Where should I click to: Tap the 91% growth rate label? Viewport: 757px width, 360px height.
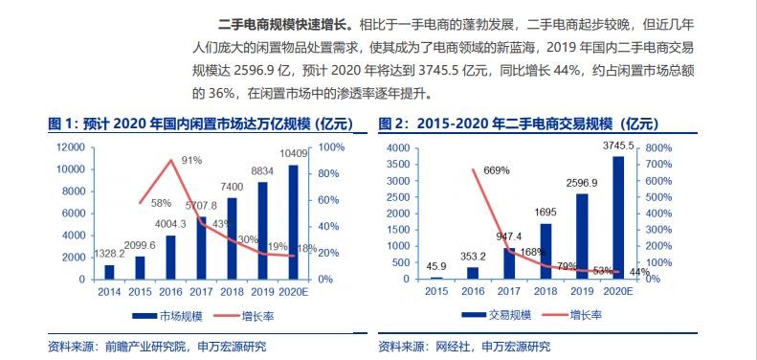(x=190, y=161)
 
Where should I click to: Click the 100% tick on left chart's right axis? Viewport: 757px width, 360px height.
(x=331, y=146)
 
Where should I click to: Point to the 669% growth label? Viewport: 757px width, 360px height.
(x=496, y=170)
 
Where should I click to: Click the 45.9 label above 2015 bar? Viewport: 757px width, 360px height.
(x=435, y=265)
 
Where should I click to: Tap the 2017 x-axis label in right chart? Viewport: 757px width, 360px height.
(x=508, y=291)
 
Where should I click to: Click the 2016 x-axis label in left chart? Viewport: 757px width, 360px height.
(x=169, y=291)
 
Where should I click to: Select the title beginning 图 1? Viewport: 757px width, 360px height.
(x=201, y=124)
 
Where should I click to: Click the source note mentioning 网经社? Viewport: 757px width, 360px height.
(x=464, y=346)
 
